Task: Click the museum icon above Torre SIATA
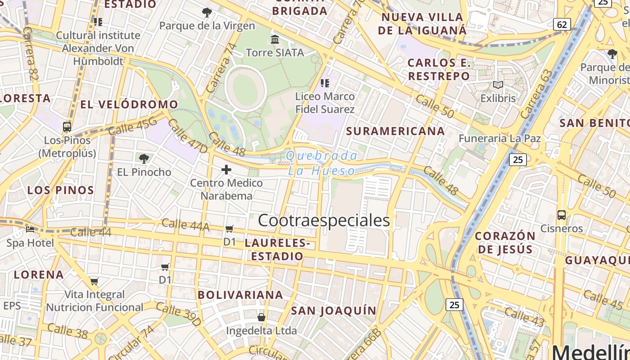[275, 40]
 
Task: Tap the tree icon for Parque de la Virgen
[207, 13]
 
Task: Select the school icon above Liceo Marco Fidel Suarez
[325, 83]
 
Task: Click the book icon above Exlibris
[498, 85]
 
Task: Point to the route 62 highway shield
[562, 24]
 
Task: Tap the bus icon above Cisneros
[562, 215]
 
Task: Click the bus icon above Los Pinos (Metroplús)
[67, 127]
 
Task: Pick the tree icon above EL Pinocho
[144, 158]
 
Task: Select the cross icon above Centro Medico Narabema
[226, 170]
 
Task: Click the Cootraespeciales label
[324, 220]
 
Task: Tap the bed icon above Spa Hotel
[30, 229]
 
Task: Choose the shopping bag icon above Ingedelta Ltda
[261, 317]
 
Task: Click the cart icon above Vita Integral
[94, 282]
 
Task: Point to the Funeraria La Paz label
[499, 138]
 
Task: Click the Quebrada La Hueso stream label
[322, 163]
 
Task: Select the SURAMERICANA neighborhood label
[396, 131]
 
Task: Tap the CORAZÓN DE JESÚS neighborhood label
[505, 242]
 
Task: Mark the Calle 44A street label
[185, 225]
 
